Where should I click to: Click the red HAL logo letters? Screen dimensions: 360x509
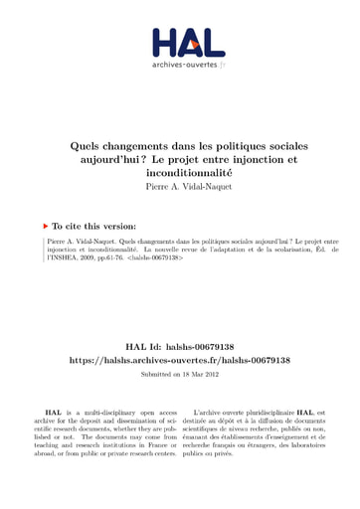(179, 44)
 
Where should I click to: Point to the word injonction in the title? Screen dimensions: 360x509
(258, 159)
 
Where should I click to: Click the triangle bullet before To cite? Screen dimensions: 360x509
(51, 224)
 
